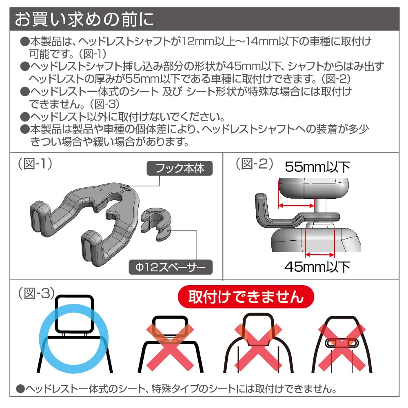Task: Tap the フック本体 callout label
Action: (x=180, y=168)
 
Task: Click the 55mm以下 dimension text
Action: (x=317, y=167)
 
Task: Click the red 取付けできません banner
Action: (x=246, y=297)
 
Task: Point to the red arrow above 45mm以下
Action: (x=319, y=255)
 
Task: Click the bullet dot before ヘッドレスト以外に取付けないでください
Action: (x=24, y=116)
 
